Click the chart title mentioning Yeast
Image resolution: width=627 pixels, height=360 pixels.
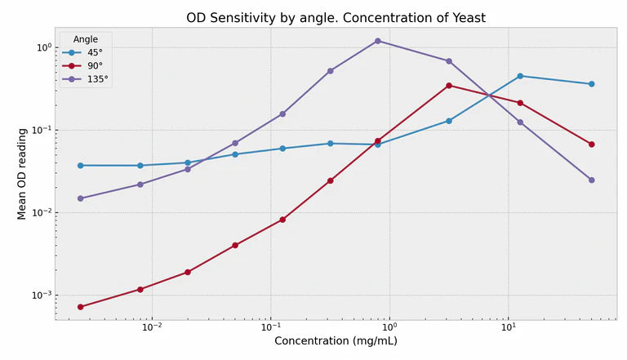336,18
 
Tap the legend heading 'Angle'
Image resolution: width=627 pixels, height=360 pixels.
87,39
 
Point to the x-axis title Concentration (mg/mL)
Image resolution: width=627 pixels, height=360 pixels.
336,341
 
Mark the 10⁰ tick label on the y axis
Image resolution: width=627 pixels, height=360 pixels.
43,47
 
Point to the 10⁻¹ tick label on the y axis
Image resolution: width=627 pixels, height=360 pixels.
42,130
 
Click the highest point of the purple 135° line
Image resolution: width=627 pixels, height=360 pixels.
377,41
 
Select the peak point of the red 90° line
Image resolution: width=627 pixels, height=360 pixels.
449,86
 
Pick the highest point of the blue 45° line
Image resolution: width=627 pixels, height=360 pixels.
520,76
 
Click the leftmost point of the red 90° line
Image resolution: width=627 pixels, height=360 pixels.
80,307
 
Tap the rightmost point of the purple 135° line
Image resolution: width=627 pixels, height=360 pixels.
592,180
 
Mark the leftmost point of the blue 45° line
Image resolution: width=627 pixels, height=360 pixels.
80,166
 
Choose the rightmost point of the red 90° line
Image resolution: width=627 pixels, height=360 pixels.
592,144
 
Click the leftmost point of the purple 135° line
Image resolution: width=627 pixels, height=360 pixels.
80,198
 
